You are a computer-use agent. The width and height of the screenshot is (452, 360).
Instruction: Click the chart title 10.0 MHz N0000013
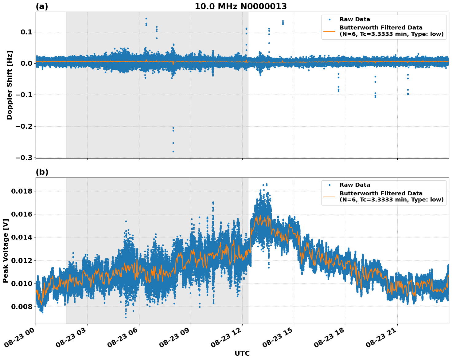pos(240,6)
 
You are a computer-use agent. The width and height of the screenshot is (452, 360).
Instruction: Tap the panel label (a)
pos(42,6)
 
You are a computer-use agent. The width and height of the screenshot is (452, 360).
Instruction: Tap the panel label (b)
pos(42,172)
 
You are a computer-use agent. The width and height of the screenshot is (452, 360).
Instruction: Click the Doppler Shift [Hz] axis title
pos(10,85)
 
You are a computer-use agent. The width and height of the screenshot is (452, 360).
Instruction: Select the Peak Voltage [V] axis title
pos(5,251)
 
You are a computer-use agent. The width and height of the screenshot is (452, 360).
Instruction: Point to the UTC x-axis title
pos(242,354)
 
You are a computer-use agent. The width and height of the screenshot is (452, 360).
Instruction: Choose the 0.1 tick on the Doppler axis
pos(26,32)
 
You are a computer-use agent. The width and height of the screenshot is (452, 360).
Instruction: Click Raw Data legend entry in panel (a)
pos(355,19)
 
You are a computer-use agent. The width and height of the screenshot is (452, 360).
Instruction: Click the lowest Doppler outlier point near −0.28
pos(173,151)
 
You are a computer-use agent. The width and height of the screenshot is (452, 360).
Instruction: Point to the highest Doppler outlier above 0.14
pos(146,18)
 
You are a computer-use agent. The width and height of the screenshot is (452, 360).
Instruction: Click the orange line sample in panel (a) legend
pos(329,31)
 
